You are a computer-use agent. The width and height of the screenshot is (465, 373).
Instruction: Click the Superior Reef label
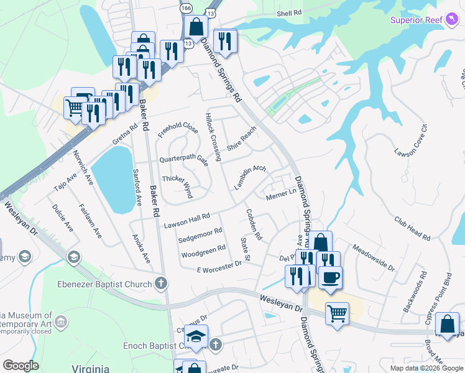pyautogui.click(x=416, y=20)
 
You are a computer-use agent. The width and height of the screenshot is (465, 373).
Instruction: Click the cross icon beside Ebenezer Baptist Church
pyautogui.click(x=161, y=285)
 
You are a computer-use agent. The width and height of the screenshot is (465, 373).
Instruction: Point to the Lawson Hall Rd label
pyautogui.click(x=187, y=220)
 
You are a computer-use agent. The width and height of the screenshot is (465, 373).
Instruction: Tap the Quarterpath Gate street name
pyautogui.click(x=183, y=159)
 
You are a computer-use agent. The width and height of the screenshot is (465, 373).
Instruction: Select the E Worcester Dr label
pyautogui.click(x=218, y=267)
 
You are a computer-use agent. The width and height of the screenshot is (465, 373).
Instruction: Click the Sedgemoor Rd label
pyautogui.click(x=200, y=235)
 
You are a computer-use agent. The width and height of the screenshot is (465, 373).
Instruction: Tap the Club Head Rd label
pyautogui.click(x=412, y=228)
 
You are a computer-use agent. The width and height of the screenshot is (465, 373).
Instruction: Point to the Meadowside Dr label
pyautogui.click(x=373, y=257)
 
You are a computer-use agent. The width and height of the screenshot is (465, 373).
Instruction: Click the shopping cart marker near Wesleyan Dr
pyautogui.click(x=337, y=313)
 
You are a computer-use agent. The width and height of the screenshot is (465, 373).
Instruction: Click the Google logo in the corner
pyautogui.click(x=20, y=365)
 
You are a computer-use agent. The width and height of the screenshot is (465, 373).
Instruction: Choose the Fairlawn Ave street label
pyautogui.click(x=90, y=221)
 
